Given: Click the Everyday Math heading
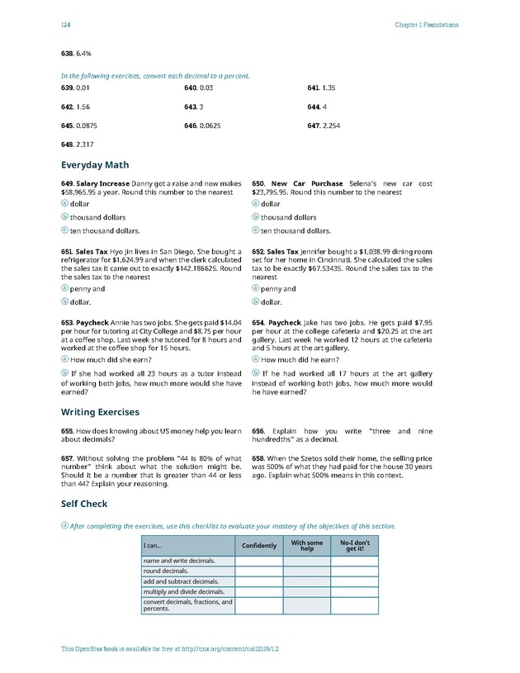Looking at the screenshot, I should tap(95, 165).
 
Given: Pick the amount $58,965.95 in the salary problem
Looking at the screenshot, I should tap(83, 192).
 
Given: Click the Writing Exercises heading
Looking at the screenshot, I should tap(100, 412).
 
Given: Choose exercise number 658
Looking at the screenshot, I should tap(258, 458).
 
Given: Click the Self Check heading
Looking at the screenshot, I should tap(84, 504).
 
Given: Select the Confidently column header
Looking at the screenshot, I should tap(259, 546).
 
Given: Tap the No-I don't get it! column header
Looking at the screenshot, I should tap(355, 546).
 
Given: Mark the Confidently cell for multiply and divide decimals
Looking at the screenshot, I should tap(259, 591).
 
